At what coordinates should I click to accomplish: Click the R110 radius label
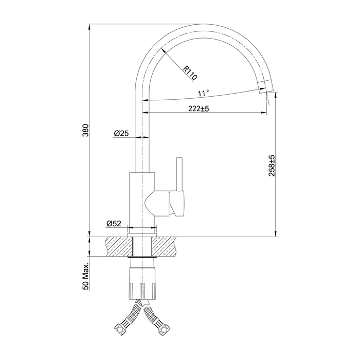[x=190, y=73]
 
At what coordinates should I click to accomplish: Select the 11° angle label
[x=204, y=93]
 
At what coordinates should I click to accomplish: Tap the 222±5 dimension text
[x=199, y=109]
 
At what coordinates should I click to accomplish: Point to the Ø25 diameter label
[x=121, y=133]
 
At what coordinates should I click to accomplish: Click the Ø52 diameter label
[x=114, y=223]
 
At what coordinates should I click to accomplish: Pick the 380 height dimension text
[x=85, y=131]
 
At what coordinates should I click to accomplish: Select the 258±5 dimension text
[x=272, y=166]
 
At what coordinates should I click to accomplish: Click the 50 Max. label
[x=86, y=277]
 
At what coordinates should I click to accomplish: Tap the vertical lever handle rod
[x=179, y=174]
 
